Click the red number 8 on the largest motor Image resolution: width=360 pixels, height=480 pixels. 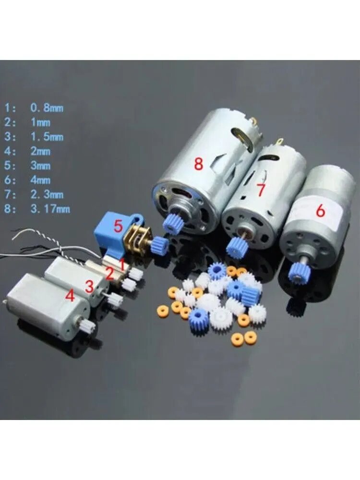[x=198, y=164]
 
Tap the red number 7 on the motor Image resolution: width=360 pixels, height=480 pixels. [x=261, y=190]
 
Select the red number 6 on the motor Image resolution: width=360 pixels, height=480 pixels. [x=320, y=211]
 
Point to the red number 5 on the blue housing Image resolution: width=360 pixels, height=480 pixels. [x=118, y=226]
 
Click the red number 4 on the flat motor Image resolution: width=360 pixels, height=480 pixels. [x=70, y=296]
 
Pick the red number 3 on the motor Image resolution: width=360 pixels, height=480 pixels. [x=89, y=286]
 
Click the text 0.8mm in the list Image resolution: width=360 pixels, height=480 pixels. [x=47, y=108]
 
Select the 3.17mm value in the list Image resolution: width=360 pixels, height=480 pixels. [x=50, y=209]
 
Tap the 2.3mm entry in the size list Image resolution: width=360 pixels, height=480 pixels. [x=47, y=194]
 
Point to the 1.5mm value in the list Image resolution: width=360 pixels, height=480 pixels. [x=47, y=136]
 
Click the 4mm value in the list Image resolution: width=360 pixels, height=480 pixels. [x=40, y=180]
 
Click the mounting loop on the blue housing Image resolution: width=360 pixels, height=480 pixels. [x=139, y=219]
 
